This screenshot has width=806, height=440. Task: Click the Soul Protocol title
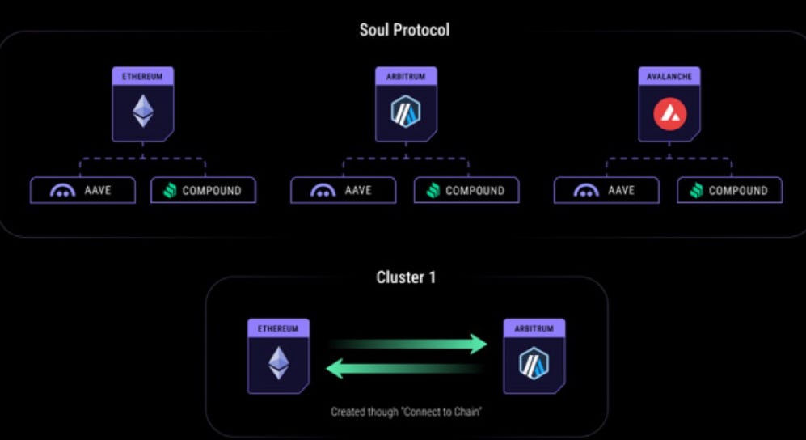404,30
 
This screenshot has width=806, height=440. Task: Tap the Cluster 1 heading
406,277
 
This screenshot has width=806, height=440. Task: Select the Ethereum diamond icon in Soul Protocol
143,111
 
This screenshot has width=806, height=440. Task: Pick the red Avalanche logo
669,112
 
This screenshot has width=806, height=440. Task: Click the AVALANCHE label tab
669,76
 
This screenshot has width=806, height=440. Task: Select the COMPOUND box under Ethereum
204,190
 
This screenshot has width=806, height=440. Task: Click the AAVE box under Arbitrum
344,190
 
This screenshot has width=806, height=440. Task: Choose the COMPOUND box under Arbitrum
466,190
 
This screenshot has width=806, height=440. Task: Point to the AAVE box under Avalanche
606,190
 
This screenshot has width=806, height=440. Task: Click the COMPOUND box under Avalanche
730,190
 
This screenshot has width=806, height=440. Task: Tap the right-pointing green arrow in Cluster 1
408,345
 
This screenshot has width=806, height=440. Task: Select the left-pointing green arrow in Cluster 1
404,369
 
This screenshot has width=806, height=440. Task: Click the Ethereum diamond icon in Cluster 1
279,363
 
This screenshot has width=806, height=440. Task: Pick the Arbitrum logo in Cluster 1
534,363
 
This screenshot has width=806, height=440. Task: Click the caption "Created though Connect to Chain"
405,412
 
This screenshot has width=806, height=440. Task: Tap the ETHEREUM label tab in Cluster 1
278,328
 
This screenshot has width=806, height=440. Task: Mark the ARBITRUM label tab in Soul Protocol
406,76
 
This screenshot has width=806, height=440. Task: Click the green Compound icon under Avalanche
696,191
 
